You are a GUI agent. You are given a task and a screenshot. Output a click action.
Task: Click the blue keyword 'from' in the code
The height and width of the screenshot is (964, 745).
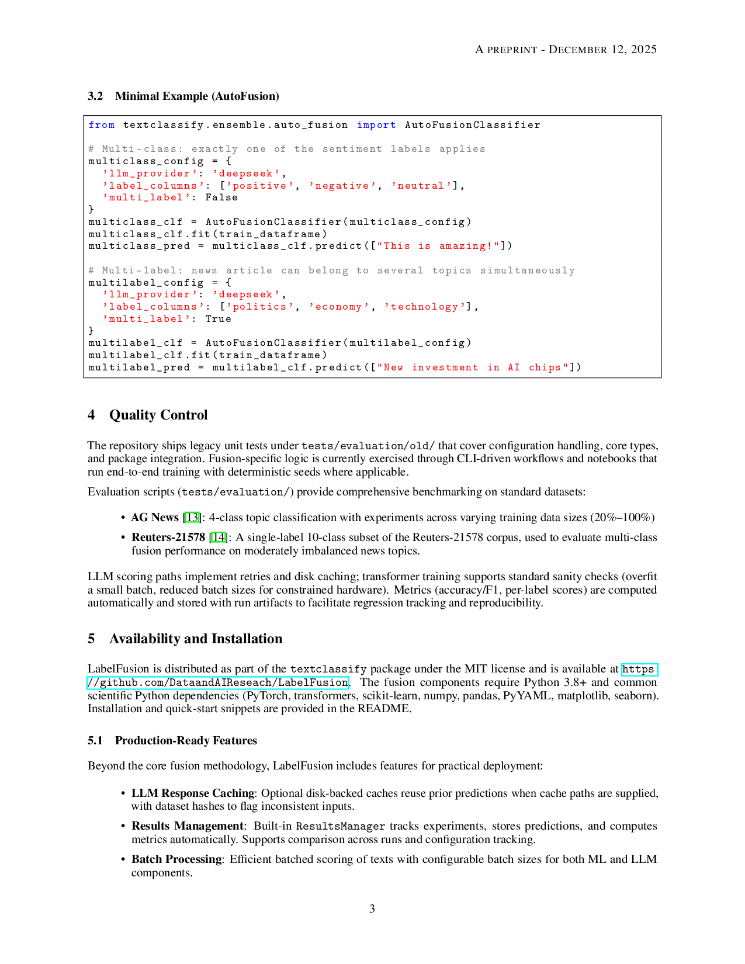pos(102,125)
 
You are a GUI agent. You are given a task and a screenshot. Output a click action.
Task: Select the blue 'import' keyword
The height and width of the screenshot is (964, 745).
pos(377,125)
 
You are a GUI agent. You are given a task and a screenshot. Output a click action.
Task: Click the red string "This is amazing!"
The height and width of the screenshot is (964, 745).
pos(438,246)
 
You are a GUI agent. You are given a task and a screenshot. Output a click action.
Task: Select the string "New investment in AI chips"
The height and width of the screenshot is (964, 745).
pos(473,367)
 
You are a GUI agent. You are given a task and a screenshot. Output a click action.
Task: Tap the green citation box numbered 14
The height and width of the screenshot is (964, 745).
pos(219,536)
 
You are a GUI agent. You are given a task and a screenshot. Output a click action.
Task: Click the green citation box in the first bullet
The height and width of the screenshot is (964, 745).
pos(192,517)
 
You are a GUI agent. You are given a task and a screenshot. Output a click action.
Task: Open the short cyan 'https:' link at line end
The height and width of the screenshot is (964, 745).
pos(639,669)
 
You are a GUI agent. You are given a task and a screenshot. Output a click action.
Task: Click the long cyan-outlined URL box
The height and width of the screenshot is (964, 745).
pos(217,683)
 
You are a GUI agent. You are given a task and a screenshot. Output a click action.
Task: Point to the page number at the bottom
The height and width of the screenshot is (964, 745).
pos(375,909)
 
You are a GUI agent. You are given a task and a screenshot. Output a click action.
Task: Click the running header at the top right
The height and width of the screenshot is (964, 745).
pos(566,50)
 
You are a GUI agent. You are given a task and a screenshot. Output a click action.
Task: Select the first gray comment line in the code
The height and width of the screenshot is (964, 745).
pos(285,150)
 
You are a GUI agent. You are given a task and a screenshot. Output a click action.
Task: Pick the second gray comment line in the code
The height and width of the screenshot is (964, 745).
pos(330,272)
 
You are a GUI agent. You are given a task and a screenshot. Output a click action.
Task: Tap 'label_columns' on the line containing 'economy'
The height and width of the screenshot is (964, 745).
pos(154,307)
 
